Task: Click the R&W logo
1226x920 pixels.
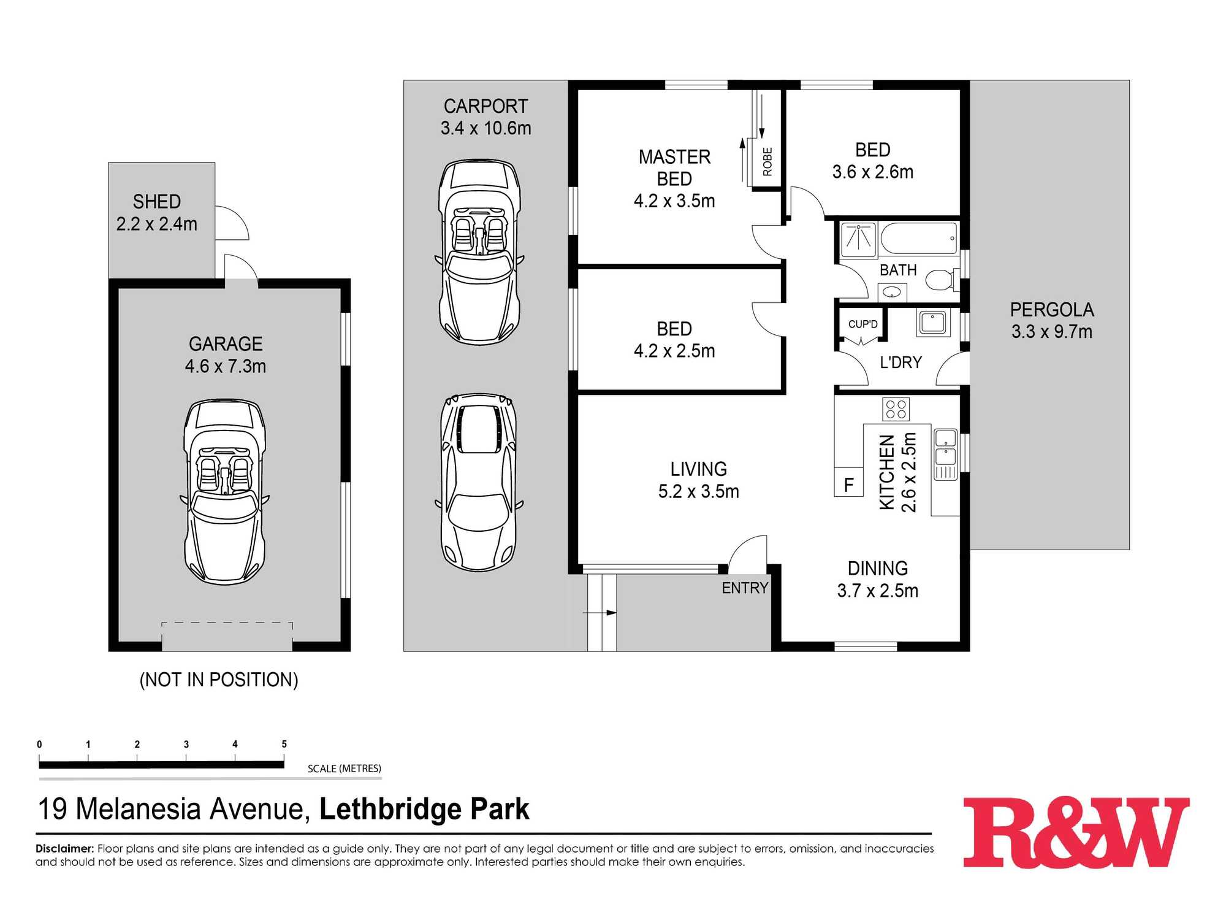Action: [x=1076, y=832]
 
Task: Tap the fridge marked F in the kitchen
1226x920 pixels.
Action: [x=848, y=483]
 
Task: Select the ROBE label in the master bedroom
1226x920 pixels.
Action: [x=767, y=161]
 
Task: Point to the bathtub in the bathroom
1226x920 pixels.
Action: [x=918, y=238]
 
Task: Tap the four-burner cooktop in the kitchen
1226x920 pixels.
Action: [x=896, y=409]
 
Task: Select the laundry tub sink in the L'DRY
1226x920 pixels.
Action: [x=932, y=323]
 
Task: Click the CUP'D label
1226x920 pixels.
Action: [x=862, y=324]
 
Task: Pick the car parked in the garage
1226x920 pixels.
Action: [x=225, y=491]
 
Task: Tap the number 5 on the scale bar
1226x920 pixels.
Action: [x=284, y=744]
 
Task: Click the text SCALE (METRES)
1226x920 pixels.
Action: [x=344, y=769]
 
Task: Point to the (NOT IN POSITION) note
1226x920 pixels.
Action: [x=219, y=680]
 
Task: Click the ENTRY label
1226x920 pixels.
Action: [x=744, y=588]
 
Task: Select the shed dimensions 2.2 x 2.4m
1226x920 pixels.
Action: [x=157, y=224]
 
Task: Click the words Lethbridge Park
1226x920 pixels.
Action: [x=424, y=809]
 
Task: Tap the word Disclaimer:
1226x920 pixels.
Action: [x=64, y=849]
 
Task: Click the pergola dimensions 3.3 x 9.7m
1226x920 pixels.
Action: [x=1051, y=332]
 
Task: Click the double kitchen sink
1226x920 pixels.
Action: [x=945, y=447]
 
